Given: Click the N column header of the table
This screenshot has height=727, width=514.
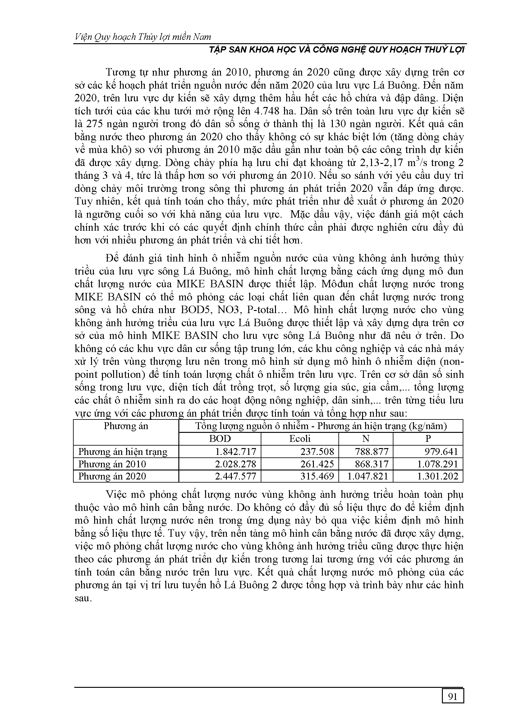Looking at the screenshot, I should [365, 438].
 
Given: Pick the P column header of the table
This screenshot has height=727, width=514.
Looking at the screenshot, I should [428, 438].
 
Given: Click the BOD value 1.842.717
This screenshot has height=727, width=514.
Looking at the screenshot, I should [235, 451].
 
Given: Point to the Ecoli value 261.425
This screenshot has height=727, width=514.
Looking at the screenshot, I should [317, 464].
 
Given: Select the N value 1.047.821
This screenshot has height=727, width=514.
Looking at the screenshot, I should [367, 476].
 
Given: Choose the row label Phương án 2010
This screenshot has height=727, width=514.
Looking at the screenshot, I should [112, 464].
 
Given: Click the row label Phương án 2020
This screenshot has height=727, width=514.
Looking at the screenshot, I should [112, 476].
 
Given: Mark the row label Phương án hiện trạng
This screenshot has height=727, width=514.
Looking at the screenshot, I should [122, 451].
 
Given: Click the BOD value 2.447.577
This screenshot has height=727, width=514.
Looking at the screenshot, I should [235, 476].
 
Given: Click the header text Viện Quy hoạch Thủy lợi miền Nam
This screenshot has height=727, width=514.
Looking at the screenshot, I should [143, 37].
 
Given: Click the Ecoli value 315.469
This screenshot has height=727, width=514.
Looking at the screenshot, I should [317, 476].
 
